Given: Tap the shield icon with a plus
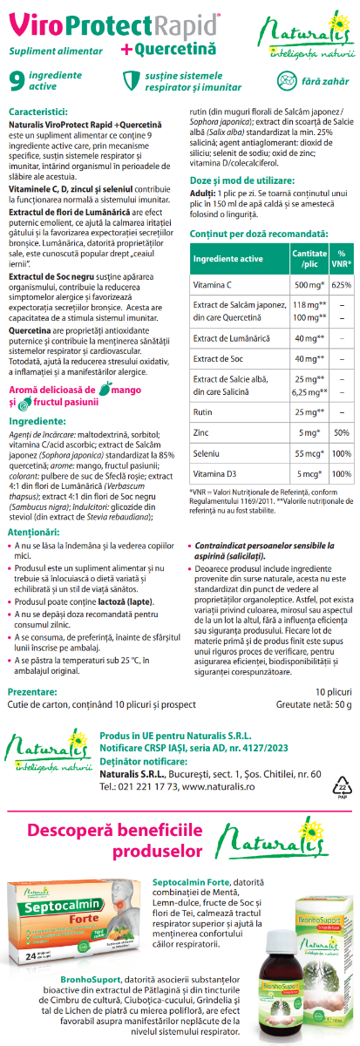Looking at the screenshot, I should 130,81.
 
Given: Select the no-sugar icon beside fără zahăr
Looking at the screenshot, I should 286,81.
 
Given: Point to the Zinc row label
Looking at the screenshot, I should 202,432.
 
